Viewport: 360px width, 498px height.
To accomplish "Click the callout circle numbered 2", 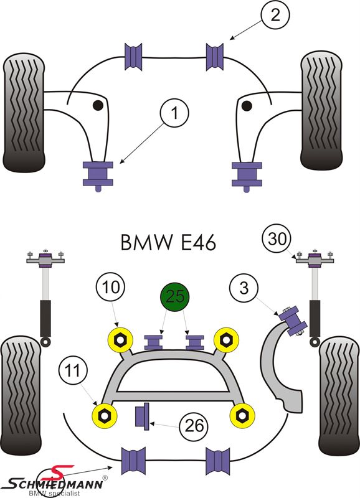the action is (275, 15).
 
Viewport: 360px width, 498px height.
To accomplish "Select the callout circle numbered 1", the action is (175, 113).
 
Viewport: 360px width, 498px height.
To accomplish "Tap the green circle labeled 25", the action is (174, 297).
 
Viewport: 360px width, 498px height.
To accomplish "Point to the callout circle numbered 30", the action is (277, 238).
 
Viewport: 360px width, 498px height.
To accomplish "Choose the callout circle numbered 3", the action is (244, 288).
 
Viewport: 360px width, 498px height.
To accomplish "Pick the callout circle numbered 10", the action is (111, 288).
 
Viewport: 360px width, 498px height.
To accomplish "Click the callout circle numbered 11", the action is (73, 370).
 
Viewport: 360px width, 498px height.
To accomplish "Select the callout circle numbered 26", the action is (194, 425).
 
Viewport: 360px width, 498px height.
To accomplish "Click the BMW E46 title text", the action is (168, 242).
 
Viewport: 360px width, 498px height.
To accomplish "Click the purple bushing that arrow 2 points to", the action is (215, 57).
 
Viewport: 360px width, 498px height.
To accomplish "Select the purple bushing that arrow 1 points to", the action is (98, 174).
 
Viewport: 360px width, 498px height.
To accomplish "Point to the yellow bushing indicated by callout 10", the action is (120, 340).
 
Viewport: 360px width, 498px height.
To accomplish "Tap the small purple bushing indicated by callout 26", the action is (143, 416).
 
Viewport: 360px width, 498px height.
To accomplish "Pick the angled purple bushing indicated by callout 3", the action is (293, 321).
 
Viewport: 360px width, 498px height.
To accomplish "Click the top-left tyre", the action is (24, 113).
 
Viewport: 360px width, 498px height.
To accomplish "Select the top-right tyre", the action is (321, 110).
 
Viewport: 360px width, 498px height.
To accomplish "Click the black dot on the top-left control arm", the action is (98, 105).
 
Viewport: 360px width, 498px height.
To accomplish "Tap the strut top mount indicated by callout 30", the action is (315, 258).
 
